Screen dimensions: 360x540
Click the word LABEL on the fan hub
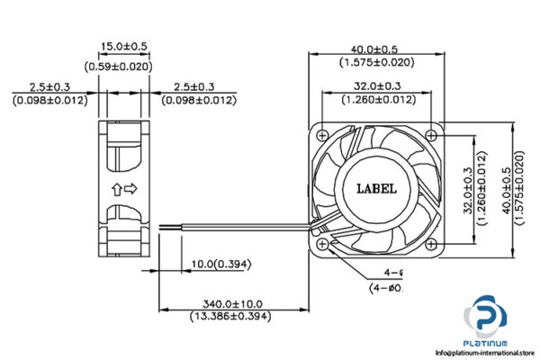click(x=375, y=188)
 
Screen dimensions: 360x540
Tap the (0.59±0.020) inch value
click(x=123, y=65)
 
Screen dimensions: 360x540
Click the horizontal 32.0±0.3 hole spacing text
click(x=375, y=86)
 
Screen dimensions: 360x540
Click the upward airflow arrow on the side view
click(x=116, y=189)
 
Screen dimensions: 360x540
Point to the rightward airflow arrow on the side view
click(x=130, y=189)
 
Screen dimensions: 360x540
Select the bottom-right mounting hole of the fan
click(x=434, y=242)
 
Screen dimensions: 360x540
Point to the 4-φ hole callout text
click(x=392, y=273)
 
